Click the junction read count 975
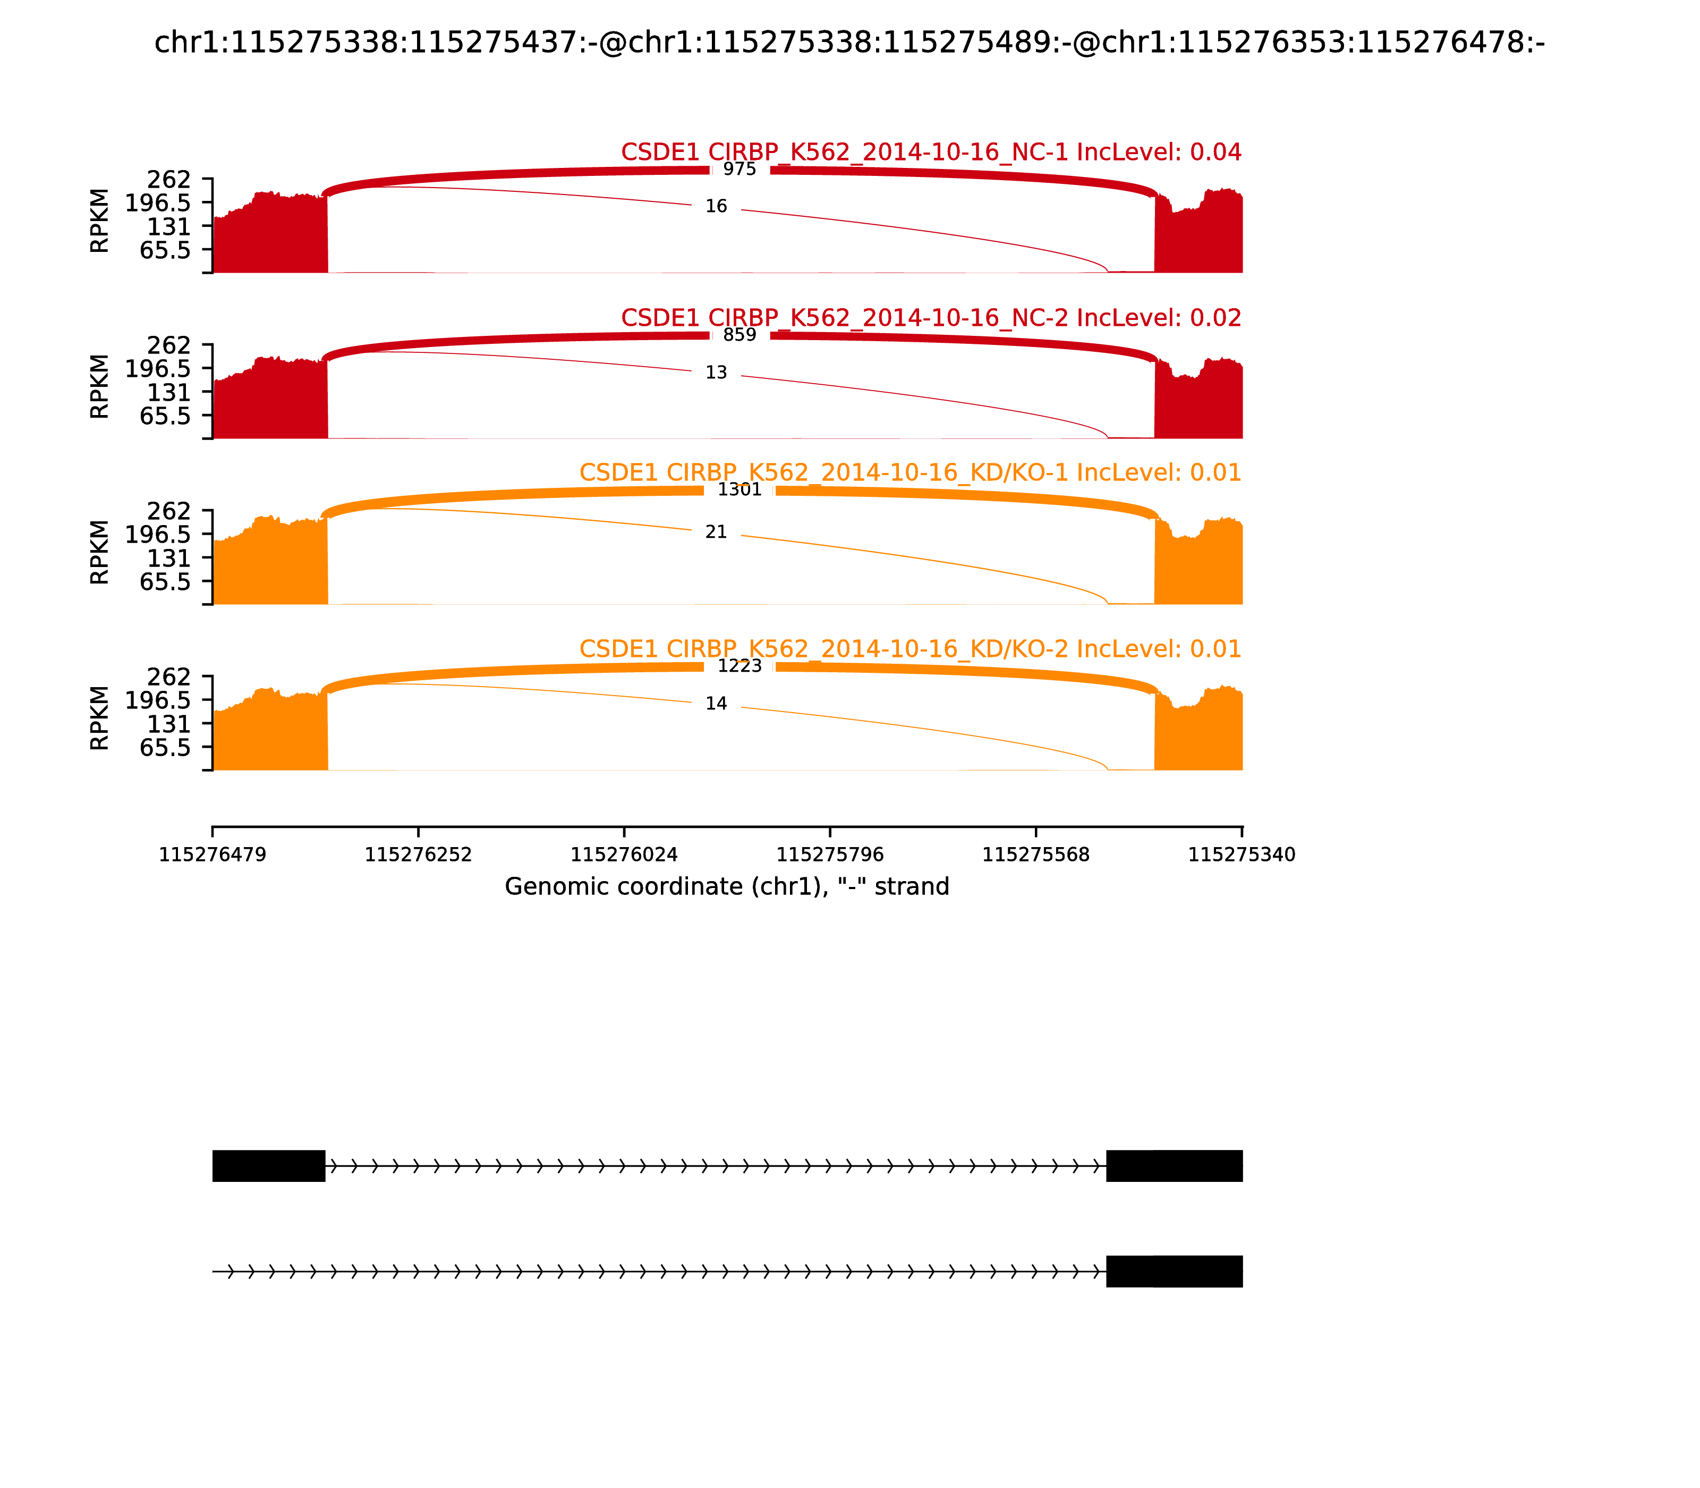739,170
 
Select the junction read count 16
716,206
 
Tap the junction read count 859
739,335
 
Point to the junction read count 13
716,373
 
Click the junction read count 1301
739,489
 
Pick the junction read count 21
716,531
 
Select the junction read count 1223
739,666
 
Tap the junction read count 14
716,703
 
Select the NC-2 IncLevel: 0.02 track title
931,317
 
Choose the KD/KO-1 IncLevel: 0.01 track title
909,472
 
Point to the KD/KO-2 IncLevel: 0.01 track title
909,648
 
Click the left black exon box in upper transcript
268,1166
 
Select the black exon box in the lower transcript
1175,1271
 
